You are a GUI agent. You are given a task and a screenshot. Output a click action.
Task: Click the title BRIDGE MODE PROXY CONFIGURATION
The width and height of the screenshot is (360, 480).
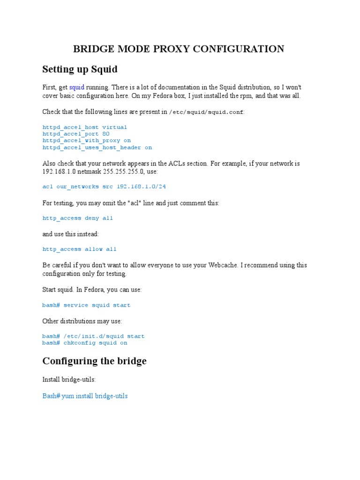click(178, 49)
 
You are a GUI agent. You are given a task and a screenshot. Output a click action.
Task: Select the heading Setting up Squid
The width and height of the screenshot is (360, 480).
click(80, 69)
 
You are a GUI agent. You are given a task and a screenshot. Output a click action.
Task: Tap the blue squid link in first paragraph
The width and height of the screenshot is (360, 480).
click(77, 87)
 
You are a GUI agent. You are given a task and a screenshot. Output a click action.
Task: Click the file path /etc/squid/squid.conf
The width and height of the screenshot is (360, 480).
click(206, 112)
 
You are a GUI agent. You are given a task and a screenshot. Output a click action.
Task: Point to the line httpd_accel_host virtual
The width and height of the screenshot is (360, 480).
click(84, 127)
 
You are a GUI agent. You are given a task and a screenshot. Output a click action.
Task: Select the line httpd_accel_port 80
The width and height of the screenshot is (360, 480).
click(76, 134)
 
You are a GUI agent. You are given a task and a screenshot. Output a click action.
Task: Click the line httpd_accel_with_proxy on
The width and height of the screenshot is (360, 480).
click(86, 140)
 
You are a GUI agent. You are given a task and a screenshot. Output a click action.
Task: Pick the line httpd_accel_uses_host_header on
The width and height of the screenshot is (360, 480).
click(97, 147)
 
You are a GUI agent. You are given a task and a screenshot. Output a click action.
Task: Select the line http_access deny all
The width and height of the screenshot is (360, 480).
click(77, 218)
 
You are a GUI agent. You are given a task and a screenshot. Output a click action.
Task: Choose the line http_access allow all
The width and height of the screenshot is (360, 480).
click(79, 249)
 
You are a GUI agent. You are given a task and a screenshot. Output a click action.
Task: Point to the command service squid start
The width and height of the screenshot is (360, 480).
click(97, 305)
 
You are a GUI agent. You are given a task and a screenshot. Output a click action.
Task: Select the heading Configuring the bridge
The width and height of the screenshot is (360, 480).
click(94, 361)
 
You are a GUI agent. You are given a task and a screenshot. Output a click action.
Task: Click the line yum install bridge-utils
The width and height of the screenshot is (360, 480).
click(91, 396)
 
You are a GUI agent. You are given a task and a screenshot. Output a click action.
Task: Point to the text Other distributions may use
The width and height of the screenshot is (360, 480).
click(82, 321)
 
